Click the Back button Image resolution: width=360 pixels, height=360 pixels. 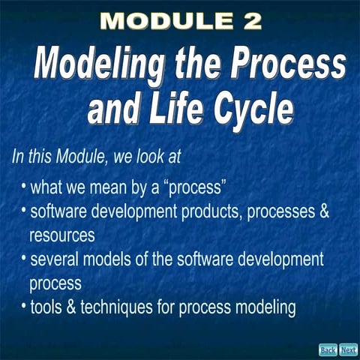point(328,349)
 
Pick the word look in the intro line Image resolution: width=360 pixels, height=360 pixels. point(141,157)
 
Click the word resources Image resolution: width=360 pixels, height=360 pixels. point(61,235)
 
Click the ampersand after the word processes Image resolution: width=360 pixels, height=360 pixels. point(324,211)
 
